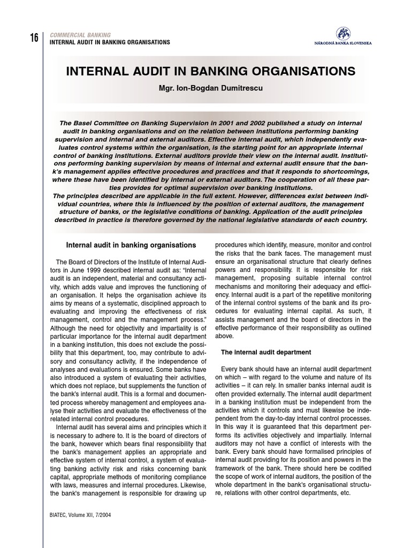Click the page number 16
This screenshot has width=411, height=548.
[x=34, y=38]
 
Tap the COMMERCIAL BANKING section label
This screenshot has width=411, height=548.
[x=80, y=35]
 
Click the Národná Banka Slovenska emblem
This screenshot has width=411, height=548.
[x=343, y=33]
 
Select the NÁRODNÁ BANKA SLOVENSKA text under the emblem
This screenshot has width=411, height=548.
[x=344, y=43]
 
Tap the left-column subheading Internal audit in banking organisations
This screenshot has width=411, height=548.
[x=131, y=245]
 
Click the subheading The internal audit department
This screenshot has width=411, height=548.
[x=266, y=352]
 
